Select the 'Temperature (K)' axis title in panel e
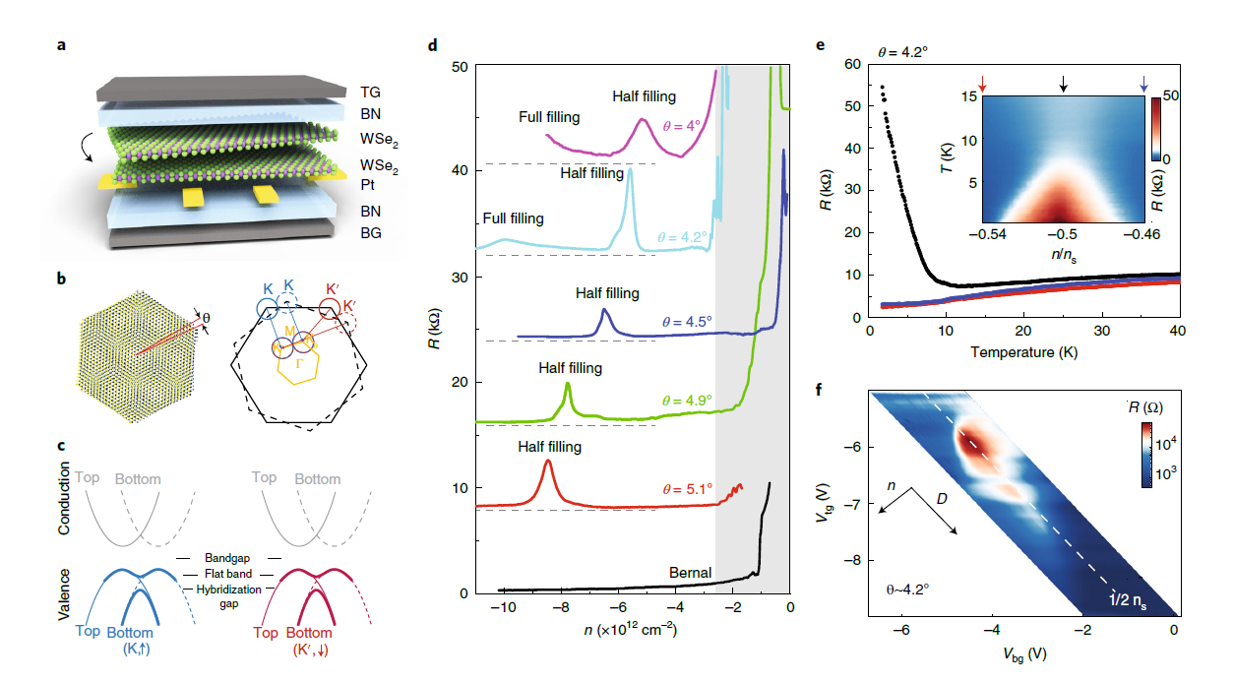coord(1023,351)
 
